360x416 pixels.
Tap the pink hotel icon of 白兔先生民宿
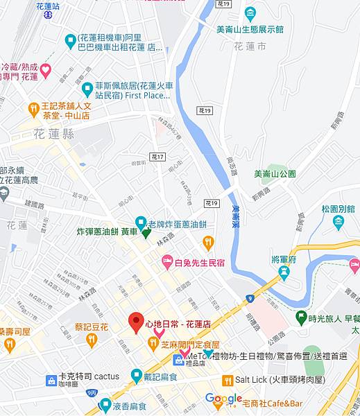[166, 261]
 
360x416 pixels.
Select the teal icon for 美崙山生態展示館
[250, 13]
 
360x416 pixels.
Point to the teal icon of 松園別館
[338, 222]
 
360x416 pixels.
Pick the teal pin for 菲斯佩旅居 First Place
[87, 89]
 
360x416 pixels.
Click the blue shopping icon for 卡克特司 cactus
[51, 380]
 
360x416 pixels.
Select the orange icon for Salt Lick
[226, 380]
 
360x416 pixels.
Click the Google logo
[223, 398]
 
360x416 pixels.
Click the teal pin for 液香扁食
[106, 404]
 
